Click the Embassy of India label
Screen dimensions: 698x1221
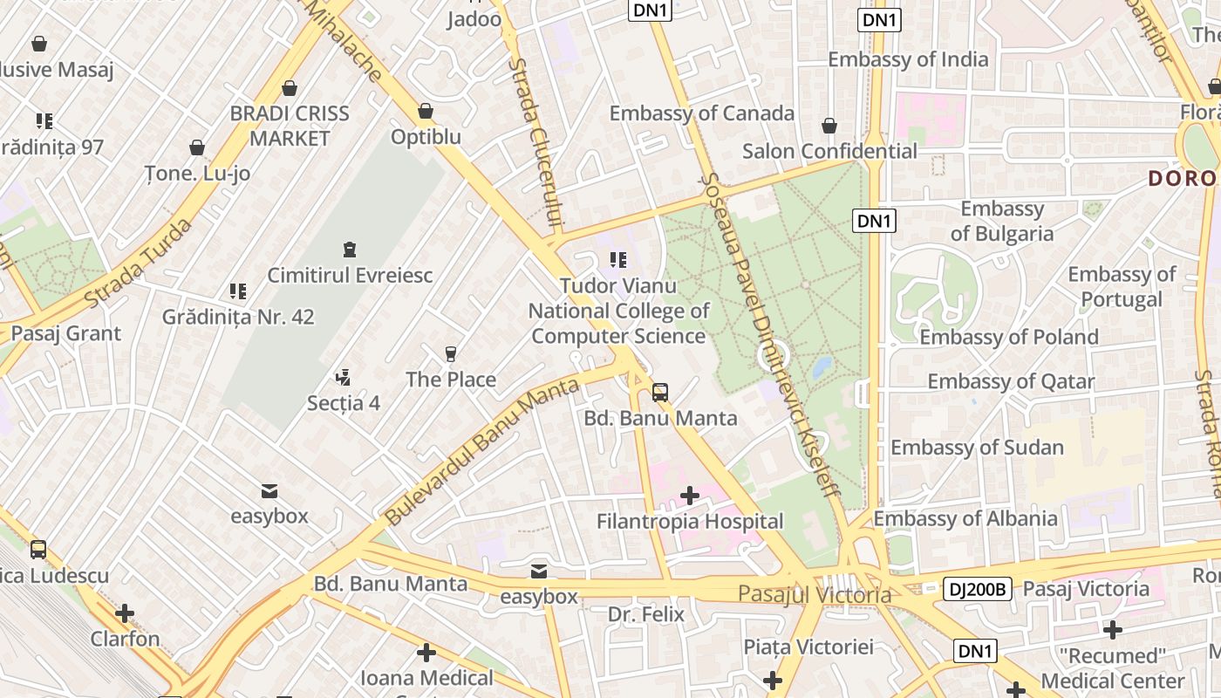pyautogui.click(x=908, y=59)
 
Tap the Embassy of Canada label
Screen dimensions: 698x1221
pyautogui.click(x=701, y=113)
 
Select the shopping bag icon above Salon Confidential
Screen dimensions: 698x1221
pyautogui.click(x=829, y=127)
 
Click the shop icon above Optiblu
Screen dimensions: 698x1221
pyautogui.click(x=426, y=112)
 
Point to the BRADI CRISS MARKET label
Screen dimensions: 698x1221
pyautogui.click(x=290, y=126)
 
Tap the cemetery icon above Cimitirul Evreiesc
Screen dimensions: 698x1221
pyautogui.click(x=350, y=250)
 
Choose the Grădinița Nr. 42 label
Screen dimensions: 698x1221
pyautogui.click(x=238, y=317)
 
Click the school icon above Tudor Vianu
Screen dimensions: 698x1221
pyautogui.click(x=618, y=260)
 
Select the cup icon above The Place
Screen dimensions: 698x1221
pyautogui.click(x=451, y=354)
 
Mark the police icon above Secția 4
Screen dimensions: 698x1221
pyautogui.click(x=344, y=378)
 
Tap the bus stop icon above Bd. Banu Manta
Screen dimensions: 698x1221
pyautogui.click(x=660, y=393)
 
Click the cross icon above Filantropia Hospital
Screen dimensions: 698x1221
pyautogui.click(x=690, y=496)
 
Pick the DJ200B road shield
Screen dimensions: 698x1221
pyautogui.click(x=977, y=590)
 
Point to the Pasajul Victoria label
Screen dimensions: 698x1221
pyautogui.click(x=815, y=595)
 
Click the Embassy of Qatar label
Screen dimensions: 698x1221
pyautogui.click(x=1011, y=381)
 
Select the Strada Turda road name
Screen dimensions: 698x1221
pyautogui.click(x=140, y=263)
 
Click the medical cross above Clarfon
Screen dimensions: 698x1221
pyautogui.click(x=125, y=613)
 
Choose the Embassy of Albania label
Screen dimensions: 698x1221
pyautogui.click(x=965, y=518)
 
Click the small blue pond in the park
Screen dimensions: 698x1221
pyautogui.click(x=822, y=367)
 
